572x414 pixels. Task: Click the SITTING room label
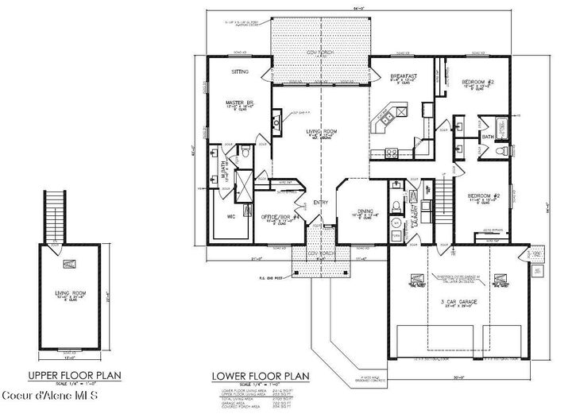(x=240, y=72)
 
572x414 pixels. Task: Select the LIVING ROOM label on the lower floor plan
(x=323, y=132)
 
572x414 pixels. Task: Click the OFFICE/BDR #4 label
(x=257, y=215)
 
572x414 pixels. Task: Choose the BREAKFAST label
(x=403, y=77)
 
